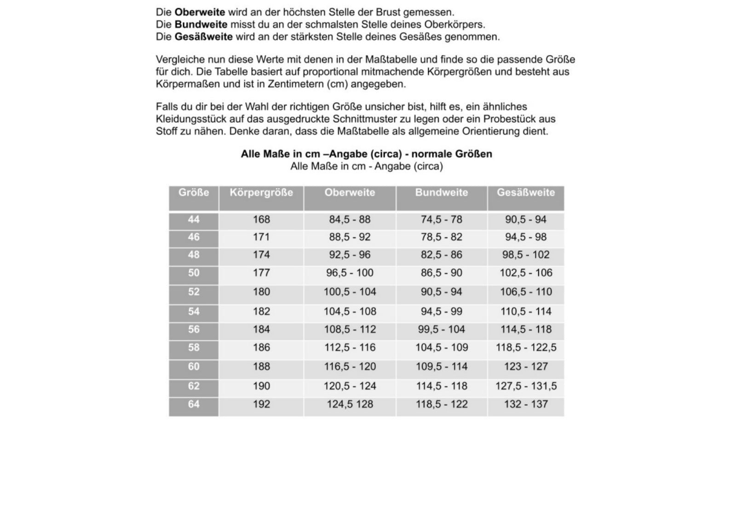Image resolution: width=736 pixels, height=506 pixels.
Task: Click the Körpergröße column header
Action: pos(261,193)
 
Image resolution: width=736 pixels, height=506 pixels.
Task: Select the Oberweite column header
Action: pos(350,193)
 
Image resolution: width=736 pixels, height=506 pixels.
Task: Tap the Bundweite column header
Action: pos(441,193)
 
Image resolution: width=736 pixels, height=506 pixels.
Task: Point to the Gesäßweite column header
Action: pos(526,193)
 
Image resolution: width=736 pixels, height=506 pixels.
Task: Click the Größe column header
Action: pos(194,193)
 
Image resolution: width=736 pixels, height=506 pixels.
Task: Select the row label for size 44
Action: pos(194,220)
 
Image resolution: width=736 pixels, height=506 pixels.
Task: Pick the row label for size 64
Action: pos(194,404)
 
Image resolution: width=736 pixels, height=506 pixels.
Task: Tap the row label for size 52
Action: pos(194,292)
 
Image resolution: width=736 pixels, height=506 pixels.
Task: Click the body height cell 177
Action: pos(261,273)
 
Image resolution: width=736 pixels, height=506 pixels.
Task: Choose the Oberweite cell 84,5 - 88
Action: pos(350,220)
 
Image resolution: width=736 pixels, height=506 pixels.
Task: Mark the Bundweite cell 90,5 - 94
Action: pos(441,292)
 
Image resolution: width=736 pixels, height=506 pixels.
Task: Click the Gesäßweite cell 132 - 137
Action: pos(526,404)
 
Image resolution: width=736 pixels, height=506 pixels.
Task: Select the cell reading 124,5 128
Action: pos(350,404)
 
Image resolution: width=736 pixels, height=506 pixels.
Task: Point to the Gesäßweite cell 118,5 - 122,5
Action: pos(526,348)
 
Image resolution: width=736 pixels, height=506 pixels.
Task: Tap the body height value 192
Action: pos(261,404)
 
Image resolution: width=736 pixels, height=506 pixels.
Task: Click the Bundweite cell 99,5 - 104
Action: pos(441,330)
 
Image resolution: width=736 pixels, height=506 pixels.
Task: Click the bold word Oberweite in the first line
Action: pos(200,12)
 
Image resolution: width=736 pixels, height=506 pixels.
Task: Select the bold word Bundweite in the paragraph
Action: pos(201,24)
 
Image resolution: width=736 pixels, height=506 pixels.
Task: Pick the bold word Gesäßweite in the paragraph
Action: pos(203,37)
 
